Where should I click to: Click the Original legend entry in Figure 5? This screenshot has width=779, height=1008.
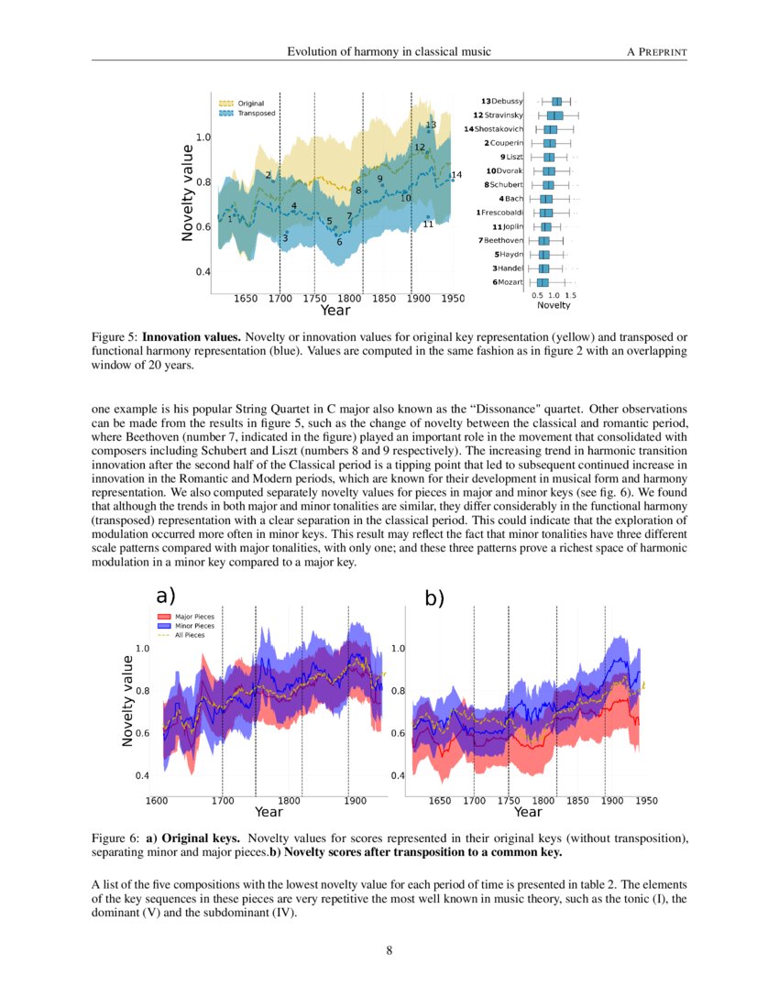tap(250, 104)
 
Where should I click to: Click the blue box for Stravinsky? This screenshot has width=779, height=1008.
tap(555, 115)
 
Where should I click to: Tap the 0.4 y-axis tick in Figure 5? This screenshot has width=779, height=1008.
tap(203, 272)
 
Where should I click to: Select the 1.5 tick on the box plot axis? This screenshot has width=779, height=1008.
tap(570, 296)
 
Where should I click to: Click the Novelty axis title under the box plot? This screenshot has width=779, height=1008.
tap(554, 305)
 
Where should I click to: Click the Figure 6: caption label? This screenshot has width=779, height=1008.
tap(116, 838)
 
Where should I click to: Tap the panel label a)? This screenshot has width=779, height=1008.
tap(167, 597)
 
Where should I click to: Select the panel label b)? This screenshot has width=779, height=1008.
tap(433, 598)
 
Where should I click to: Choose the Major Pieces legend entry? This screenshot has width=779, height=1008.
tap(194, 618)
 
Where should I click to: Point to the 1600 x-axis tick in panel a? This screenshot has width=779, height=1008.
tap(157, 801)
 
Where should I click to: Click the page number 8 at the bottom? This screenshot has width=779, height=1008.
tap(389, 949)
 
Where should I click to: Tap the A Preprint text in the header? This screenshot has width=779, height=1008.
tap(656, 51)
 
